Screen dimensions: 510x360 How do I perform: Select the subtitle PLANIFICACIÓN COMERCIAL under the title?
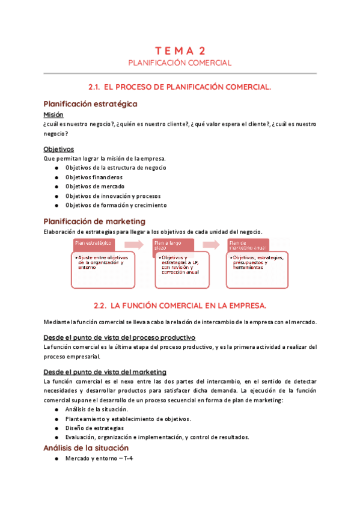pyautogui.click(x=180, y=63)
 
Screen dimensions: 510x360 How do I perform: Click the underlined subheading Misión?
pyautogui.click(x=53, y=114)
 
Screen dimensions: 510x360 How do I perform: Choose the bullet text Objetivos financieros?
pyautogui.click(x=94, y=177)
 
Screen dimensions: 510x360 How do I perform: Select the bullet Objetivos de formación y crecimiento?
pyautogui.click(x=116, y=205)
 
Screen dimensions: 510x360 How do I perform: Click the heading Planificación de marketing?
pyautogui.click(x=94, y=221)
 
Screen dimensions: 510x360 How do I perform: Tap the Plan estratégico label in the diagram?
pyautogui.click(x=94, y=243)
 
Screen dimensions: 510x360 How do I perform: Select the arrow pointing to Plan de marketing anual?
pyautogui.click(x=211, y=244)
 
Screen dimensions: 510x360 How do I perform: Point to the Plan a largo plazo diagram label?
pyautogui.click(x=169, y=244)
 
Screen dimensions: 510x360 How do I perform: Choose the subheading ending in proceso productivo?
pyautogui.click(x=119, y=337)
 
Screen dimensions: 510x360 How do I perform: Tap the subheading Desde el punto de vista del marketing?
pyautogui.click(x=105, y=372)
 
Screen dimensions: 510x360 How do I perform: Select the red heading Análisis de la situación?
pyautogui.click(x=86, y=448)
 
